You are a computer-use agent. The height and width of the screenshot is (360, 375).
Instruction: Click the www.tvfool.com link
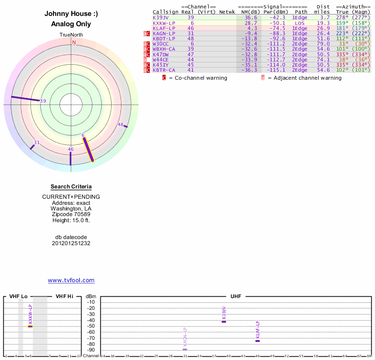71,280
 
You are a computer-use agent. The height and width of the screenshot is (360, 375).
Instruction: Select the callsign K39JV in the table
161,17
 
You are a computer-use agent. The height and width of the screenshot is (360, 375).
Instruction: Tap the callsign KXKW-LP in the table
164,22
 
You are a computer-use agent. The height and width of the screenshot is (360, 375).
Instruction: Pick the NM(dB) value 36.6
251,17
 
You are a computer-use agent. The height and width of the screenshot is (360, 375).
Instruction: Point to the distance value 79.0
323,44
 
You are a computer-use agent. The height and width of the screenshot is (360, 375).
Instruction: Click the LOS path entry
300,22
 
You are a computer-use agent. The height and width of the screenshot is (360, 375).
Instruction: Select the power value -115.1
277,70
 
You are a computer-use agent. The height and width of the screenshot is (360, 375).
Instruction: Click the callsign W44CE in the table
161,60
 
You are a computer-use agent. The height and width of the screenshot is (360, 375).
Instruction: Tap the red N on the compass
74,42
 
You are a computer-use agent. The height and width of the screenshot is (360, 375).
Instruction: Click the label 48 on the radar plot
120,125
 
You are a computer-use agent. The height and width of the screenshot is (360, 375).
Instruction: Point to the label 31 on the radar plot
37,142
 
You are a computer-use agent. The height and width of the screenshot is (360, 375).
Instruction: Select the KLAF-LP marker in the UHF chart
257,341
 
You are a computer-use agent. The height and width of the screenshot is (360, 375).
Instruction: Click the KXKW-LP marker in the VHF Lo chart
30,326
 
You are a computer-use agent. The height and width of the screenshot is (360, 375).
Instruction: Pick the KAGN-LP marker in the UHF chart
185,349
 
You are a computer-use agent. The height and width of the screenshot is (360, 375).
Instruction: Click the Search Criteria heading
71,187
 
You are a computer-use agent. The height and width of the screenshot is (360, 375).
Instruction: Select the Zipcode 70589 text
71,214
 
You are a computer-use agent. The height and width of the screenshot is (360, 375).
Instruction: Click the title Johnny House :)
71,14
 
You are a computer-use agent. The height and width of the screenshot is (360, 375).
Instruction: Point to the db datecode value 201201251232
71,243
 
